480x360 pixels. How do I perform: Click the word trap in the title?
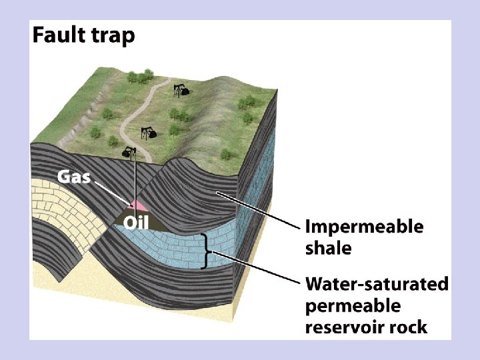[x=112, y=35]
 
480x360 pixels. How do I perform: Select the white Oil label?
[x=135, y=222]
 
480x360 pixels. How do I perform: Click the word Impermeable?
[x=363, y=227]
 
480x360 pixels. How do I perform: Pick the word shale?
[x=327, y=249]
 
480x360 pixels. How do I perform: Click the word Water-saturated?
[x=377, y=285]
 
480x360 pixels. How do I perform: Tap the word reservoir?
[x=341, y=328]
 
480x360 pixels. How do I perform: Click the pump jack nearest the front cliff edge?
[x=129, y=153]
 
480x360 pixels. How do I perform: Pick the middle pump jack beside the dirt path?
[x=149, y=132]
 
